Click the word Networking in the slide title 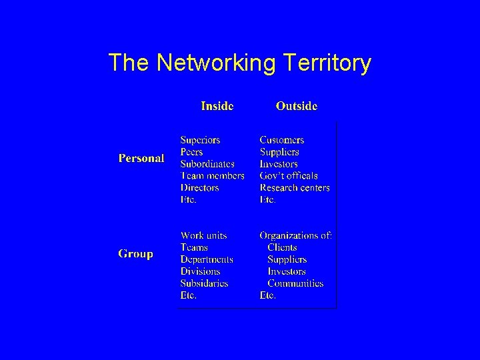click(215, 64)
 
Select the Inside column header click(217, 106)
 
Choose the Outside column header click(297, 106)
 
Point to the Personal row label click(141, 158)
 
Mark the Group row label click(136, 253)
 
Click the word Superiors click(200, 140)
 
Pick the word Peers click(192, 152)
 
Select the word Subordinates click(207, 164)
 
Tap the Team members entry click(212, 176)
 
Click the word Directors click(199, 188)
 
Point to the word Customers click(282, 140)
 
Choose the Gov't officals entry click(288, 176)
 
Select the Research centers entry click(295, 188)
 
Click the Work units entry click(203, 235)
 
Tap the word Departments click(207, 259)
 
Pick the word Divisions click(200, 271)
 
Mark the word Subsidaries click(204, 283)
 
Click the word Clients click(282, 247)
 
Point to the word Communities click(295, 283)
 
